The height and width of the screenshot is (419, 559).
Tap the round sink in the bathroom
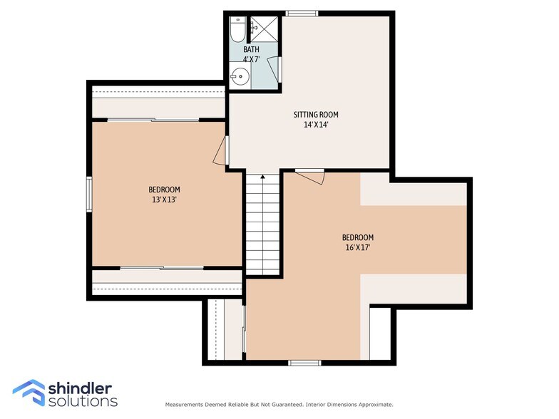tap(239, 76)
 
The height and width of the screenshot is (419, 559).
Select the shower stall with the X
tap(264, 29)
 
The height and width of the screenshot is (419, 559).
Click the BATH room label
tap(251, 49)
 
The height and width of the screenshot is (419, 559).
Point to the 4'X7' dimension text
tap(251, 59)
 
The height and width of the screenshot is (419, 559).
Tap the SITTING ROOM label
tap(316, 114)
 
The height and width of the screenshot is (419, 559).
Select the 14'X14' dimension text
tap(316, 125)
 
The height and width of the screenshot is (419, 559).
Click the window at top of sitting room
tap(302, 14)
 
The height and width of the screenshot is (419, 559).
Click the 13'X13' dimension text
tap(164, 200)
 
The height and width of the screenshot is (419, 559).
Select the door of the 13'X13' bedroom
tap(221, 150)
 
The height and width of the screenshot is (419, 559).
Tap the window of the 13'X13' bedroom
tap(89, 195)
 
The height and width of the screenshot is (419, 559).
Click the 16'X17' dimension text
tap(358, 248)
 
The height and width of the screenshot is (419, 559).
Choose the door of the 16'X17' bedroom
tap(310, 177)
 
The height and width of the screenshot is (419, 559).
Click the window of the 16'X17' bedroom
tap(305, 363)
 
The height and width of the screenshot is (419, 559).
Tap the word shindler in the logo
tap(80, 388)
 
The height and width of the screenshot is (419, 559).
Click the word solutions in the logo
tap(83, 400)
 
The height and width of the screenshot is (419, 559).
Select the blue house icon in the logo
tap(29, 392)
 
